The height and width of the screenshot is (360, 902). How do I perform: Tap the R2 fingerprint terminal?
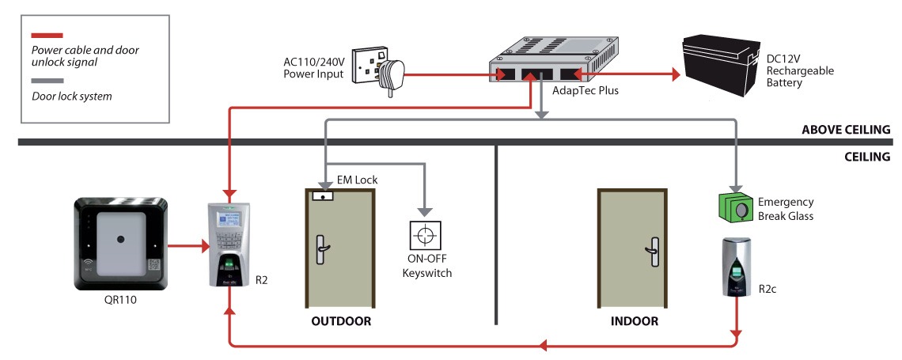pyautogui.click(x=231, y=245)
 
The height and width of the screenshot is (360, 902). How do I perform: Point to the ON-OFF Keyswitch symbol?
pyautogui.click(x=426, y=236)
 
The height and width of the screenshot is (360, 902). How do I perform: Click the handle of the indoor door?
pyautogui.click(x=653, y=249)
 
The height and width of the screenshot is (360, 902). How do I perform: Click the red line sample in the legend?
pyautogui.click(x=47, y=36)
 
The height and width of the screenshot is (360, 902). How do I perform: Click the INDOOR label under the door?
pyautogui.click(x=634, y=321)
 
